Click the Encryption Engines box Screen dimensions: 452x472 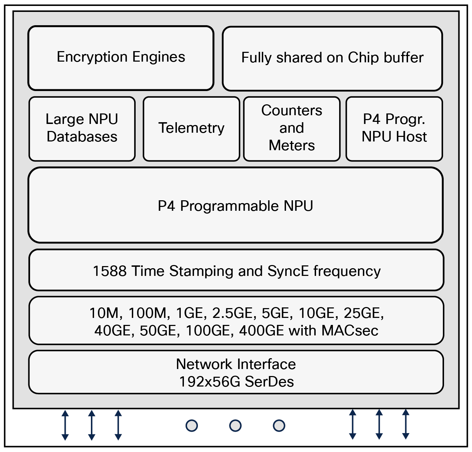tap(121, 58)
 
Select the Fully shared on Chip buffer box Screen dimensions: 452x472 tap(332, 58)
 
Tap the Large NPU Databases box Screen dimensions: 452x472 tap(82, 128)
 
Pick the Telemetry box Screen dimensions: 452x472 tap(191, 128)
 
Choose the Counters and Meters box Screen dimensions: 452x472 tap(292, 128)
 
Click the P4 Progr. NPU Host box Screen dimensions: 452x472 tap(394, 128)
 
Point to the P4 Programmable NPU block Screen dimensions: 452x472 tap(235, 206)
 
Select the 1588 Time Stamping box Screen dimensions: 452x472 tap(236, 271)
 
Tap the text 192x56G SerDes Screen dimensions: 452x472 tap(236, 382)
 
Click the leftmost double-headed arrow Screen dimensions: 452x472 tap(65, 425)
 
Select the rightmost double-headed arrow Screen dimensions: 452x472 tap(406, 424)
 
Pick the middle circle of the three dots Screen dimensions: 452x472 tap(235, 426)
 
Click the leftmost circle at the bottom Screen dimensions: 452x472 tap(192, 426)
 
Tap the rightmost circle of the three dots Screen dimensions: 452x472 tap(279, 426)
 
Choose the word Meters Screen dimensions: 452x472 tap(292, 145)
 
